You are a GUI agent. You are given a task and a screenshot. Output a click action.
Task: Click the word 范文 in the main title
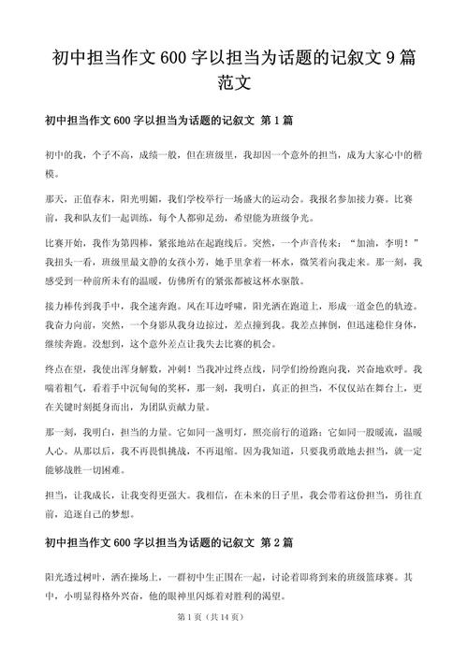[234, 81]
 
